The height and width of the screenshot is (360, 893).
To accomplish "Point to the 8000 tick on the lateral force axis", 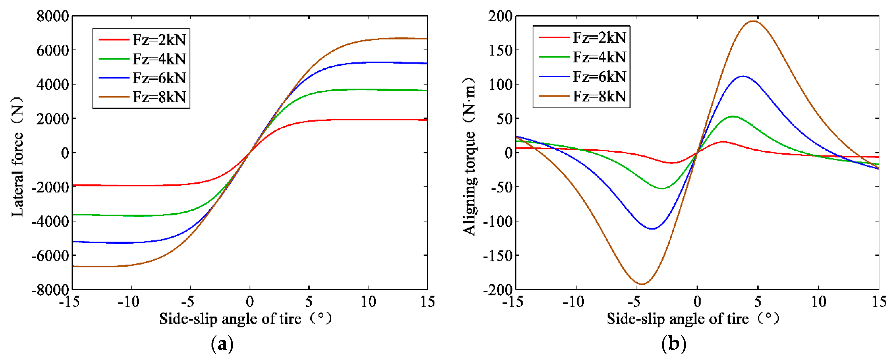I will pos(53,16).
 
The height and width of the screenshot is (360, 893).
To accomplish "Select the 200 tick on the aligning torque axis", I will pos(500,16).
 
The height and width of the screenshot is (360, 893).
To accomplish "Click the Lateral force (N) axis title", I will pos(17,157).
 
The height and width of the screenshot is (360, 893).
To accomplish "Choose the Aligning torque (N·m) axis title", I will pos(469,157).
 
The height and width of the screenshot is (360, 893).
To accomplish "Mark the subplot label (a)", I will pos(222,344).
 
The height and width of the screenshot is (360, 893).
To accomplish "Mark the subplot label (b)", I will pos(673,344).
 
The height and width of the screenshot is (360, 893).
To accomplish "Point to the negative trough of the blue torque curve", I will pos(652,229).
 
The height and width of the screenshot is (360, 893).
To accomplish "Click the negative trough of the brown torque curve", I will pos(642,284).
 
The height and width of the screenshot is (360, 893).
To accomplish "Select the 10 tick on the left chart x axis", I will pos(368,302).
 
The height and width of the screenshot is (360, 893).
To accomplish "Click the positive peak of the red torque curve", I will pos(723,142).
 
